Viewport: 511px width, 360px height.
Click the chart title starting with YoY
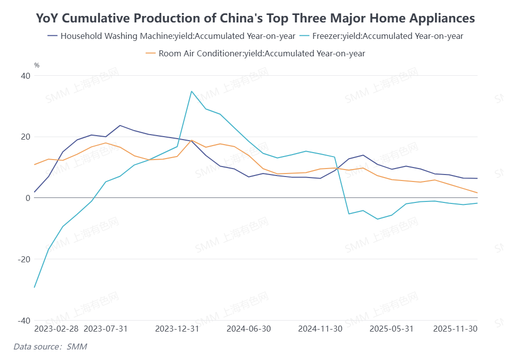255,18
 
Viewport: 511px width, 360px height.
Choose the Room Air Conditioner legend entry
255,53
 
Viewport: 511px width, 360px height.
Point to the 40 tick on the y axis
25,76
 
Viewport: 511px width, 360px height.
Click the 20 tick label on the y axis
25,137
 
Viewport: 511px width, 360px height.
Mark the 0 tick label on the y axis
28,198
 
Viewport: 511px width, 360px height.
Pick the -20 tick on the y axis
24,259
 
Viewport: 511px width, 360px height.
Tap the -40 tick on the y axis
24,320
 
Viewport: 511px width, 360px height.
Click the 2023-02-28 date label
56,329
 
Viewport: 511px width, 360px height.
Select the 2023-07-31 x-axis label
106,329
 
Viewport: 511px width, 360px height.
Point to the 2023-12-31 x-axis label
177,329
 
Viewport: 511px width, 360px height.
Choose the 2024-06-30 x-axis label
249,329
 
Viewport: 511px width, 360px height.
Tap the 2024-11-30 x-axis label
320,329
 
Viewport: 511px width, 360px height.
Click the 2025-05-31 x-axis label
391,329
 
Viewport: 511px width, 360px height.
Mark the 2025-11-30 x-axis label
455,329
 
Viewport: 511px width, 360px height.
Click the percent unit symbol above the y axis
36,65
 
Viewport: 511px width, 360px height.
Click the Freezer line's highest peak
192,91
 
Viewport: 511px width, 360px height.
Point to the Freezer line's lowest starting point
34,287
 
